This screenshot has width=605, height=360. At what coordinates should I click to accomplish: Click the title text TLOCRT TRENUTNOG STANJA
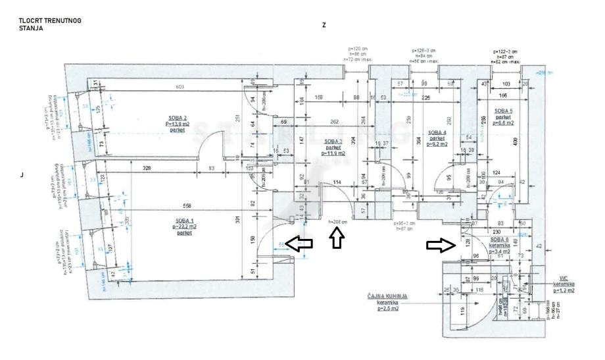51,25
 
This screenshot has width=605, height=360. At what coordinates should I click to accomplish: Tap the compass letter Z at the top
324,24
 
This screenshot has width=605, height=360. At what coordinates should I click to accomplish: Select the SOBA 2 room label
176,118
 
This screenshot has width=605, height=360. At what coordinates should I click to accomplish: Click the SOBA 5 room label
503,111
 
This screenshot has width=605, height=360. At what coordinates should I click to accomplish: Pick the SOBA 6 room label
503,240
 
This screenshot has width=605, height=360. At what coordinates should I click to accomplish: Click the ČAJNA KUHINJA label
387,297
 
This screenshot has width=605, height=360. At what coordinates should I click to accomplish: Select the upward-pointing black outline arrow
336,240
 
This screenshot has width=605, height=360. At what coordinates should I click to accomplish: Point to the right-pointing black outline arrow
440,245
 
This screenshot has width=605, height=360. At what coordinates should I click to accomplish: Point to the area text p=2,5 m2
387,307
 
